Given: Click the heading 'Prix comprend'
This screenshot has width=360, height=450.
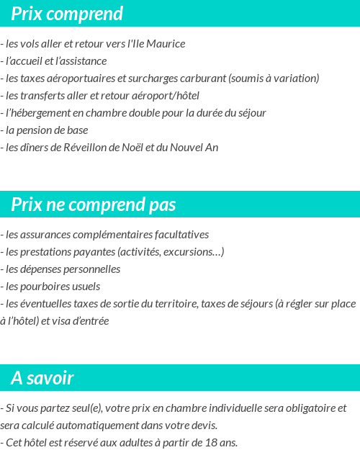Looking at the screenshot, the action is click(x=67, y=14).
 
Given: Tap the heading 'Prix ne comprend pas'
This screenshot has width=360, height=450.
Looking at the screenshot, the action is click(x=94, y=204).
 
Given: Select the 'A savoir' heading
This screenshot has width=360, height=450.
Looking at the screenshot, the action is click(x=42, y=378).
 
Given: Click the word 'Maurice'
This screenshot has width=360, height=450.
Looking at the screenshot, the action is click(x=166, y=44).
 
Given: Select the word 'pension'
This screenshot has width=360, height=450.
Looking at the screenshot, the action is click(x=38, y=130).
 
